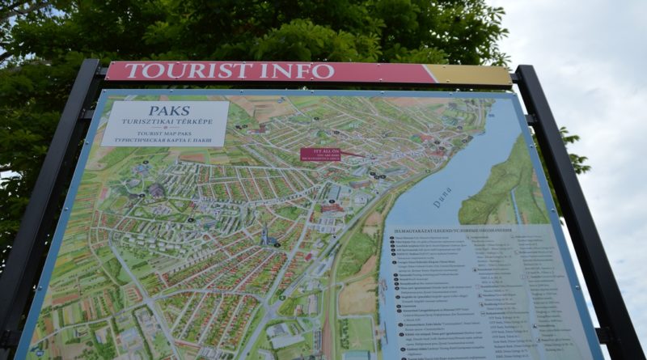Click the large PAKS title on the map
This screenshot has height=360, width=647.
pyautogui.click(x=169, y=110)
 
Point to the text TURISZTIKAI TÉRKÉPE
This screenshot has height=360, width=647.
pyautogui.click(x=165, y=121)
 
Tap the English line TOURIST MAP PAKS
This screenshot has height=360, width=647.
pyautogui.click(x=165, y=131)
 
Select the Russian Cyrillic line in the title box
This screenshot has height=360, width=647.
pyautogui.click(x=165, y=139)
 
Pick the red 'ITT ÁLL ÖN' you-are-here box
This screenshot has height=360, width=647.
pyautogui.click(x=319, y=154)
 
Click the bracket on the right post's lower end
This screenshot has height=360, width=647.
pyautogui.click(x=602, y=334)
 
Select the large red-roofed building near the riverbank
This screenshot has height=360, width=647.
pyautogui.click(x=332, y=207)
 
